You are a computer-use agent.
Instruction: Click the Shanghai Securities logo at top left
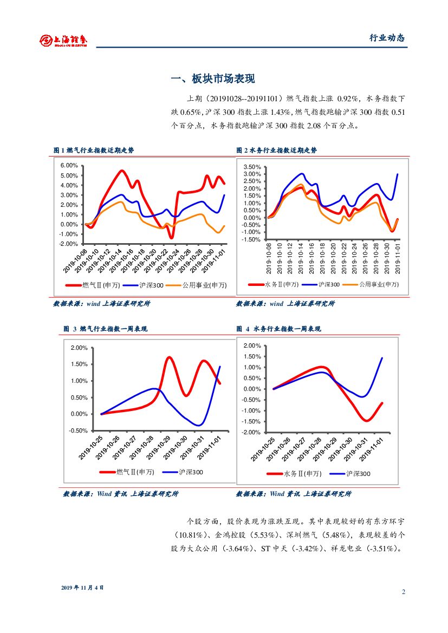point(63,40)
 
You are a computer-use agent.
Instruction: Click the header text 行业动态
point(387,38)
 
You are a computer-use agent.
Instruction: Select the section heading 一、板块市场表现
point(212,79)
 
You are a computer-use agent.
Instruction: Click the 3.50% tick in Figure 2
point(252,167)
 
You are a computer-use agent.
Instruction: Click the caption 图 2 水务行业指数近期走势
point(276,150)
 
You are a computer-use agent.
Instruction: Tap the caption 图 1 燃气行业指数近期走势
point(93,150)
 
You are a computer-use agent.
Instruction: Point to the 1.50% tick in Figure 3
point(79,364)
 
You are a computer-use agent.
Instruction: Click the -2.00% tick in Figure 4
point(252,433)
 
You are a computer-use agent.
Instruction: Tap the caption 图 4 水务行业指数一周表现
point(278,329)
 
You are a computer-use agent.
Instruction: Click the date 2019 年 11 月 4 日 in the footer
point(82,588)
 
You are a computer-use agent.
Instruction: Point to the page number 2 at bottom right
point(404,591)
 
